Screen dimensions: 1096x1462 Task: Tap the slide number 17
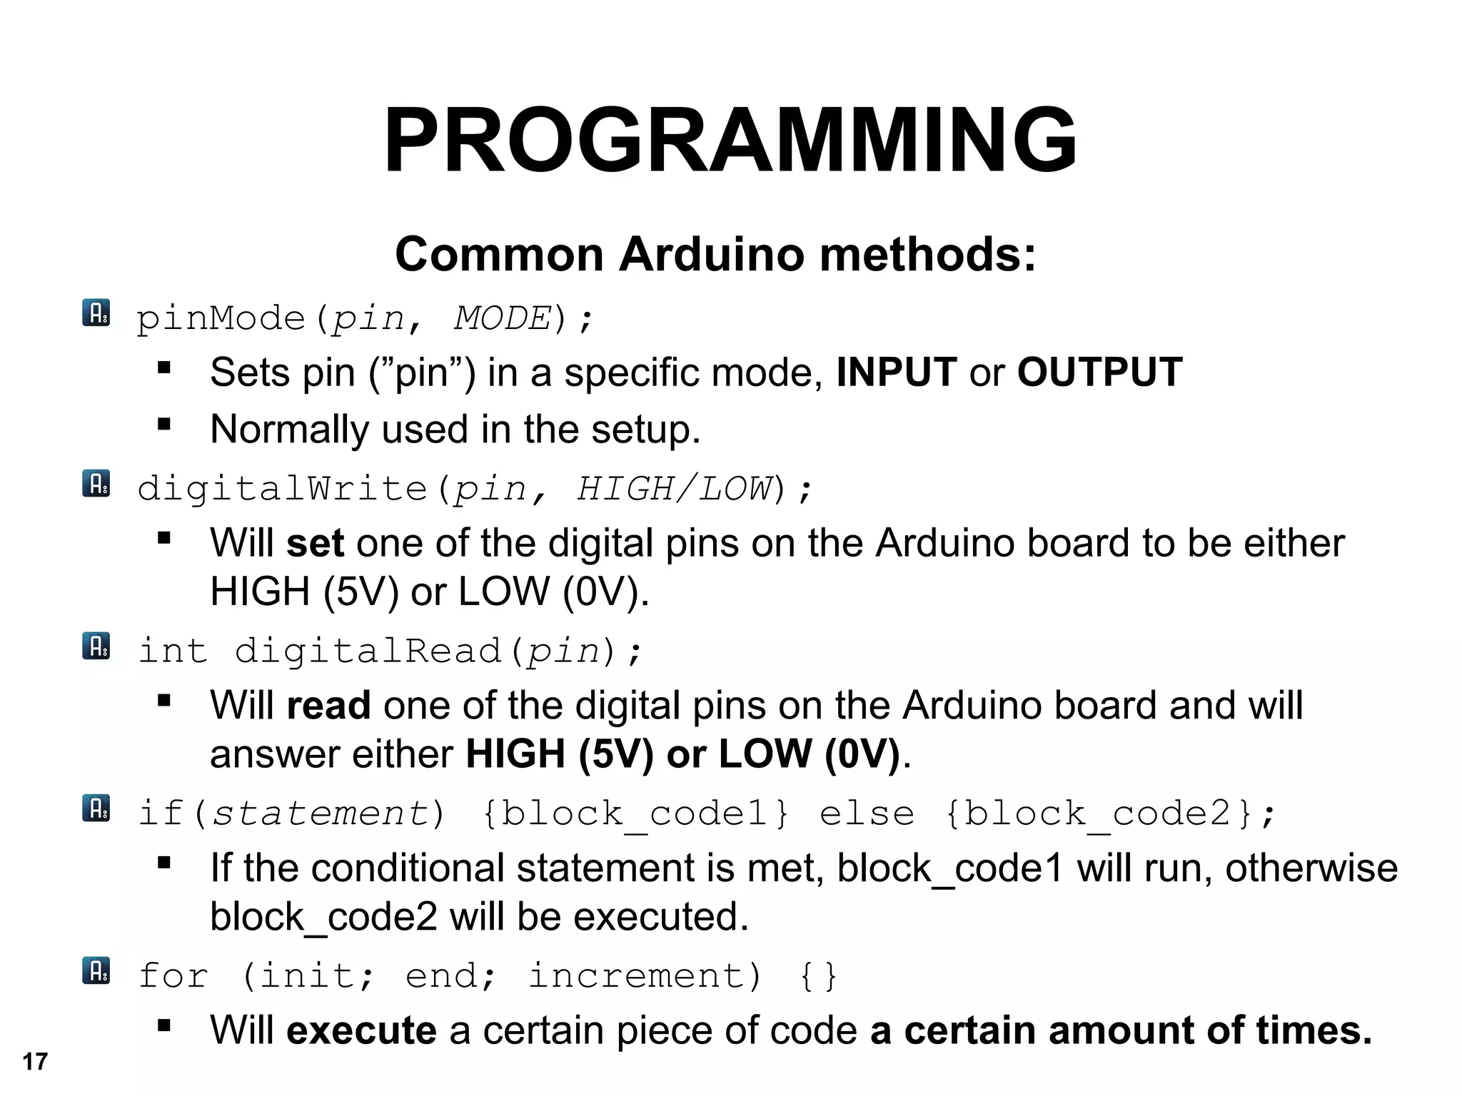tap(34, 1062)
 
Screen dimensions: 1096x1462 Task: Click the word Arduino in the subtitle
tap(711, 255)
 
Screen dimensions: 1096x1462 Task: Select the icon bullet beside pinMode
tap(96, 313)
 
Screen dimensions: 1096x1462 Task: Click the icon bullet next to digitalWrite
tap(96, 483)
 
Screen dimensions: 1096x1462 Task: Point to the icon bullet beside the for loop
tap(96, 970)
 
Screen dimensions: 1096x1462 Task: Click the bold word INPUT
tap(896, 372)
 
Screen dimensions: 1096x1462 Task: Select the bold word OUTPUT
tap(1099, 372)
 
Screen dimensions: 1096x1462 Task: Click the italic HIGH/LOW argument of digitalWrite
tap(675, 489)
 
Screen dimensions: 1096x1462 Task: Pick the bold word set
tap(315, 543)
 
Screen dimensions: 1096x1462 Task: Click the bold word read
tap(328, 706)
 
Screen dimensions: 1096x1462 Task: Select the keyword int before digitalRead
tap(173, 651)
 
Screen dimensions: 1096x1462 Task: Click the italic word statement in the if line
tap(321, 813)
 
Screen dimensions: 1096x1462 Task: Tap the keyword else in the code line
tap(867, 813)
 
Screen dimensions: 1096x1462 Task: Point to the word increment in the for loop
tap(637, 975)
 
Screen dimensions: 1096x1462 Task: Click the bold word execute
tap(361, 1030)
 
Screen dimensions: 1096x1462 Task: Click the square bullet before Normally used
tap(164, 425)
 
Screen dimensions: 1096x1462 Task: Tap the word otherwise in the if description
tap(1311, 868)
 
